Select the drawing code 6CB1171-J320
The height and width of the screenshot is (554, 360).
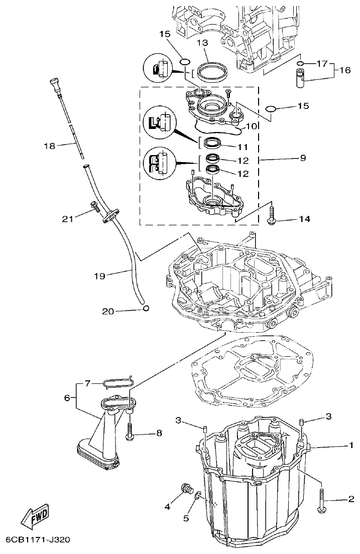(38, 540)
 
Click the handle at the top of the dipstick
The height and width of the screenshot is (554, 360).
(54, 83)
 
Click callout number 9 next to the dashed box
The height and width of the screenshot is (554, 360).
(303, 158)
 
